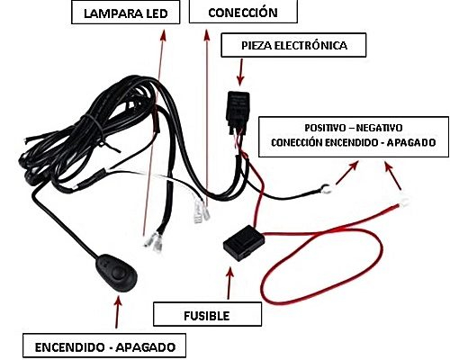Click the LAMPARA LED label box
pyautogui.click(x=126, y=13)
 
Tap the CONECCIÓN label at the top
pyautogui.click(x=243, y=12)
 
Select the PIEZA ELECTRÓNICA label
pyautogui.click(x=293, y=45)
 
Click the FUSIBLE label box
pyautogui.click(x=207, y=314)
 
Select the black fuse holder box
pyautogui.click(x=244, y=242)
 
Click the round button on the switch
pyautogui.click(x=118, y=273)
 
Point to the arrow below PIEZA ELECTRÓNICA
pyautogui.click(x=240, y=72)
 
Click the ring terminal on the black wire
pyautogui.click(x=326, y=188)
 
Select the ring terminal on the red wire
pyautogui.click(x=404, y=202)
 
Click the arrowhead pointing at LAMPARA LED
pyautogui.click(x=163, y=35)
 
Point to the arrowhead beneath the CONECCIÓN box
pyautogui.click(x=206, y=34)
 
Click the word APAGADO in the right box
pyautogui.click(x=411, y=142)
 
